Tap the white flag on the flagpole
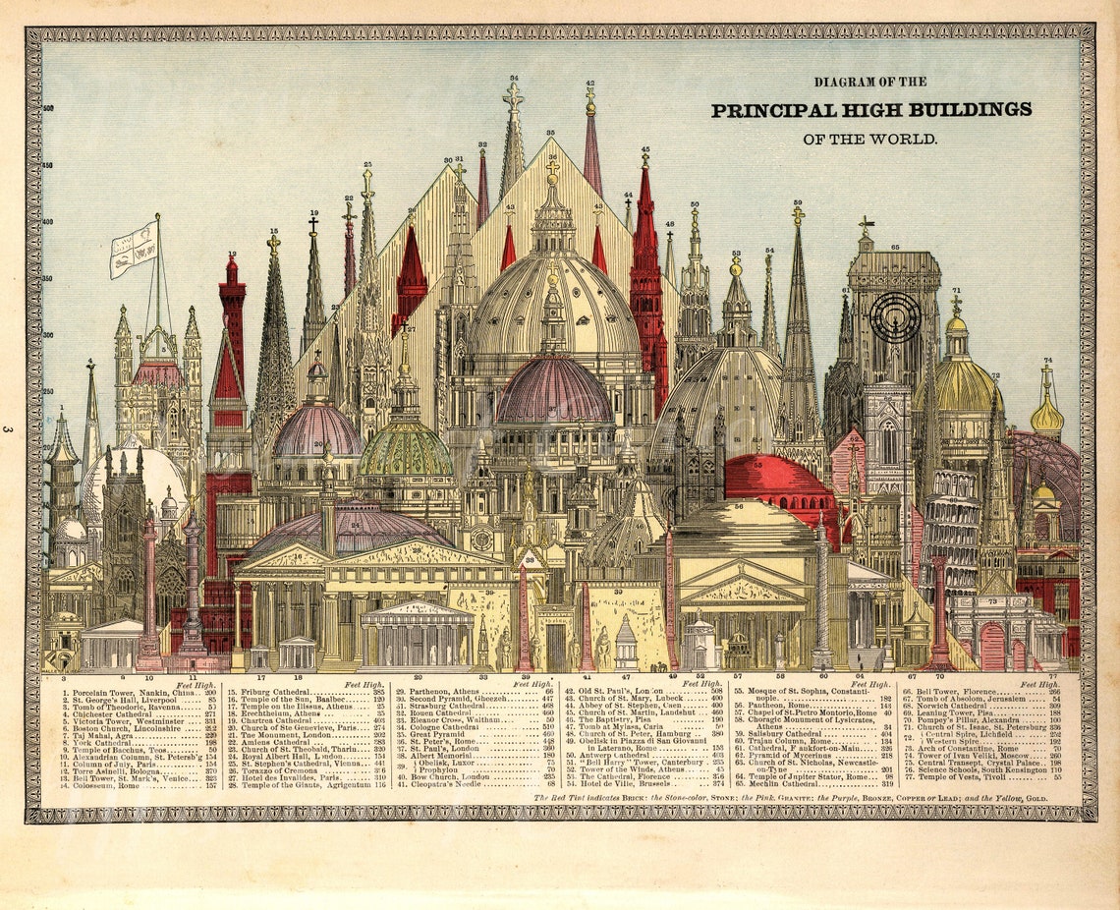pos(134,248)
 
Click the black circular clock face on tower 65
pos(894,316)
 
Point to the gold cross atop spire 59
pos(798,213)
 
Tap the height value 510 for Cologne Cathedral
pos(548,727)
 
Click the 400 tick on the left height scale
pos(48,222)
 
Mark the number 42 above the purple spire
pos(589,84)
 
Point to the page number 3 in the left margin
pos(8,428)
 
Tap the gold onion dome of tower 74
pos(1046,418)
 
